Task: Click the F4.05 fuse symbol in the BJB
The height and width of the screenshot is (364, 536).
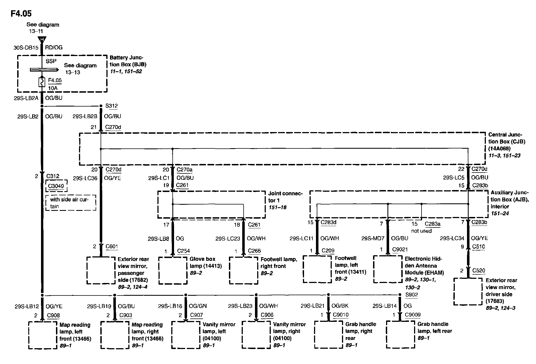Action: point(42,82)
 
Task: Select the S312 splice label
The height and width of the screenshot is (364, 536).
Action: point(111,106)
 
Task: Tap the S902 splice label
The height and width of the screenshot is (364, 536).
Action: point(411,295)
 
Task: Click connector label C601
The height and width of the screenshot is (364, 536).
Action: point(112,246)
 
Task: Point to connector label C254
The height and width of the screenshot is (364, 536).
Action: point(183,251)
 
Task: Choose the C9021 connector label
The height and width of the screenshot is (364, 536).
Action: point(400,249)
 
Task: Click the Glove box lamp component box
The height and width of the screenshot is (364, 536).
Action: point(173,271)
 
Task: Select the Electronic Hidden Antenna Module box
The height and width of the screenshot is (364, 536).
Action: point(387,269)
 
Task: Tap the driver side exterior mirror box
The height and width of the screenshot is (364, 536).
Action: point(468,291)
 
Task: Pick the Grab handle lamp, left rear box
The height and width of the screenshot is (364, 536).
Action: point(400,334)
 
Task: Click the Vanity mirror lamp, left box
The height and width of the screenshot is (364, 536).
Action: point(185,335)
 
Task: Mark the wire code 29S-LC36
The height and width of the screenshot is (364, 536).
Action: point(85,178)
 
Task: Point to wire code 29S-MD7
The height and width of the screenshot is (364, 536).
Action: point(373,238)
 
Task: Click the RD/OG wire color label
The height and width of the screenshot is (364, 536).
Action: point(54,47)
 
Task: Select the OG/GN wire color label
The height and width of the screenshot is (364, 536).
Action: point(198,306)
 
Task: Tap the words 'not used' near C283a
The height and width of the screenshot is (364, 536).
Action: point(421,231)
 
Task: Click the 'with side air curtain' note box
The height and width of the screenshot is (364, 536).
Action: point(71,203)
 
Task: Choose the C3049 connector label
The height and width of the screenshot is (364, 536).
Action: point(56,186)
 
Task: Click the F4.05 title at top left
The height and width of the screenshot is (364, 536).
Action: point(21,13)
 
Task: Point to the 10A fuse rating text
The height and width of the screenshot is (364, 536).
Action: point(53,88)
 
